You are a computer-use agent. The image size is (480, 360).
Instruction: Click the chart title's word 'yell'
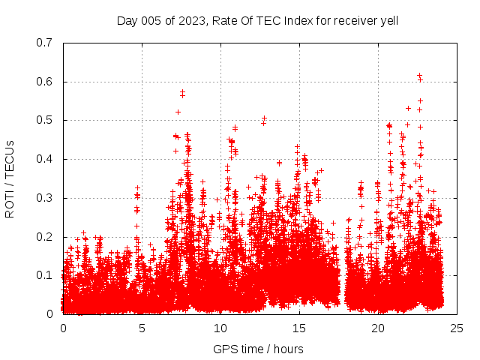(387, 20)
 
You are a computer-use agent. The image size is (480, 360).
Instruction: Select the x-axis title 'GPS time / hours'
(258, 349)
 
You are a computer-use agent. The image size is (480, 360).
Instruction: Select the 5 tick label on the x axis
(142, 328)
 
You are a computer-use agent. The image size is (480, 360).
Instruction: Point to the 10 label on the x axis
(220, 328)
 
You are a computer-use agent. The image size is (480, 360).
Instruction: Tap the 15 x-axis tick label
(299, 328)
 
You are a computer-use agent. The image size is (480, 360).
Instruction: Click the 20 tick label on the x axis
(378, 328)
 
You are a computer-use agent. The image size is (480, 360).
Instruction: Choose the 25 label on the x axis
(457, 328)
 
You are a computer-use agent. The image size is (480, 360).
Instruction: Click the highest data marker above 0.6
(419, 75)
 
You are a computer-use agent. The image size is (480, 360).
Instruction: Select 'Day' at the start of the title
(127, 20)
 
